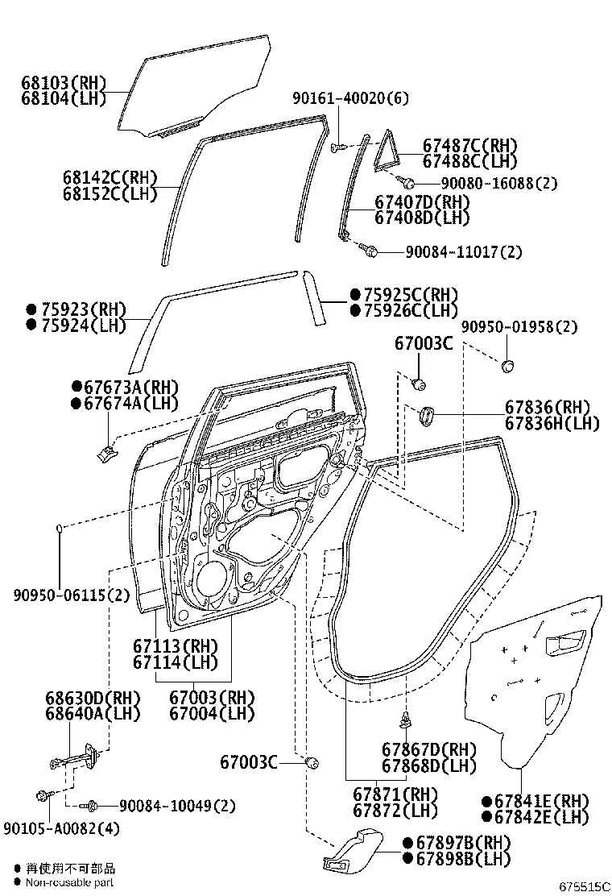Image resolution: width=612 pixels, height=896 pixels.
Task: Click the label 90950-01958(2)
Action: click(519, 327)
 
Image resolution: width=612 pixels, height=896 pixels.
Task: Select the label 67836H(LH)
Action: click(552, 422)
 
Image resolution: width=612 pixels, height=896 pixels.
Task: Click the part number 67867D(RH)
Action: click(428, 749)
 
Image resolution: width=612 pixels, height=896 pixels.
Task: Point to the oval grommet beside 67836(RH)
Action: click(424, 416)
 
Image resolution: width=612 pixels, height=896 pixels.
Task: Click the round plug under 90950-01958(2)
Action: click(507, 366)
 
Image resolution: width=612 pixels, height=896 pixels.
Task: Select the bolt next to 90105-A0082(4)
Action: click(42, 797)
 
